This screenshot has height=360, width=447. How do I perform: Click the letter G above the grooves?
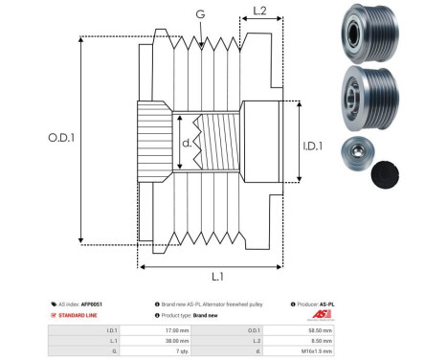200,14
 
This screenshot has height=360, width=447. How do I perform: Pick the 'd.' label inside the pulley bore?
188,145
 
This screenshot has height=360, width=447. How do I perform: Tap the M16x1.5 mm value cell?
311,351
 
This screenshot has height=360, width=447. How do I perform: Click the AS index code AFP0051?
91,303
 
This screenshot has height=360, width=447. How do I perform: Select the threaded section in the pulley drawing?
219,146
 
